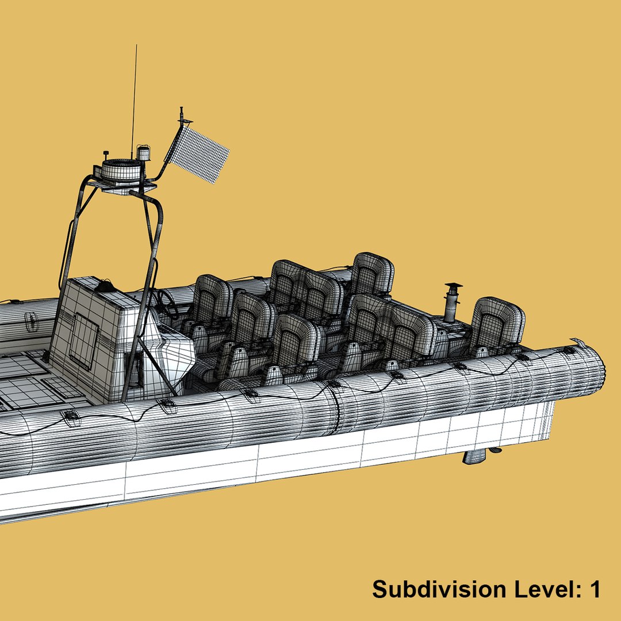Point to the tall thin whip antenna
click(134, 98)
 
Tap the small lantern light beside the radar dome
click(143, 154)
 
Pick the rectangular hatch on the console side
click(84, 342)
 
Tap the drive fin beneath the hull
click(476, 456)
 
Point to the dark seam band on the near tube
click(335, 409)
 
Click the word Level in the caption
click(539, 589)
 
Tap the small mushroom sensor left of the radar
click(106, 155)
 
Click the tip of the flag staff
click(182, 108)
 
